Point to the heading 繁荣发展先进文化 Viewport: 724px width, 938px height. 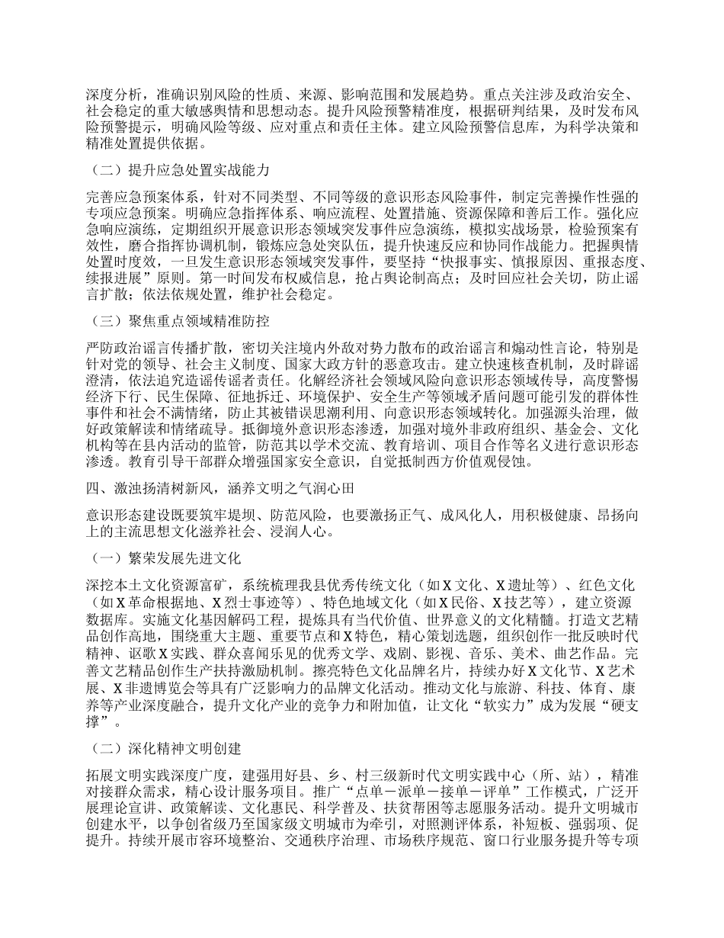[x=167, y=559]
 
